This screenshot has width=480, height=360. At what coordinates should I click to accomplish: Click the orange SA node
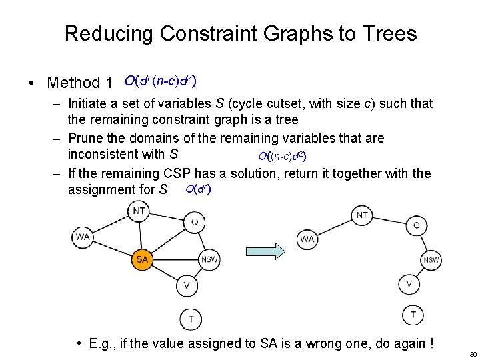point(141,259)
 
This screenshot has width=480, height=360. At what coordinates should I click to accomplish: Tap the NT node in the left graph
point(139,211)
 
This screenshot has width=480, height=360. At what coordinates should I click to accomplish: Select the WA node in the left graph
point(83,237)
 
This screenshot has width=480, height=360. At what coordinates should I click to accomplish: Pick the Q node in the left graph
point(194,221)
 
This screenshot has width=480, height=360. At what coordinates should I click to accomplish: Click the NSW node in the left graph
point(209,259)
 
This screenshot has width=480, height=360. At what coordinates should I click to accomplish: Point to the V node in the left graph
point(187,286)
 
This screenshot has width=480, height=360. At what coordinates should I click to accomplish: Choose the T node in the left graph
point(191,319)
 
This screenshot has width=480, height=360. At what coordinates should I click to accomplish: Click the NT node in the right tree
point(362,215)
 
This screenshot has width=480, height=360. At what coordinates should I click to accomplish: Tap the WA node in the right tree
point(307,239)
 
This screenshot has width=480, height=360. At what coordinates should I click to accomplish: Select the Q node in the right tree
point(417,225)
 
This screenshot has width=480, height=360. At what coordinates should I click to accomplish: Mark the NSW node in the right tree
point(431,260)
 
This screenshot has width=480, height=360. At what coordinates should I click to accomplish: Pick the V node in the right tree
point(409,284)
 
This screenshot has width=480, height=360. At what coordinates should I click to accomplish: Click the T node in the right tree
point(413,315)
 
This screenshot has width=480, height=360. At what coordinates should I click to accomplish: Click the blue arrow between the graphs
point(265,251)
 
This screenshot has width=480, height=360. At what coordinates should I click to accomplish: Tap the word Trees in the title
point(387,34)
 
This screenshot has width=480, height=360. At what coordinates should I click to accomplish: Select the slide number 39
point(473,354)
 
